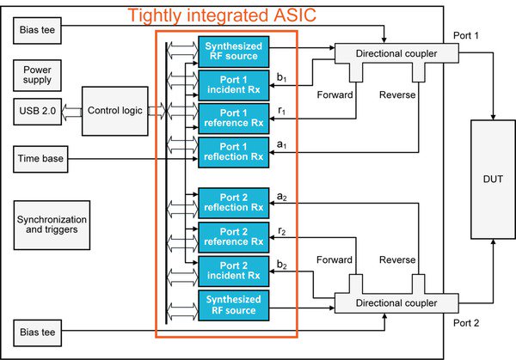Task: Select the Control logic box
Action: (115, 110)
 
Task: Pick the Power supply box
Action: (37, 75)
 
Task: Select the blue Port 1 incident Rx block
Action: (234, 83)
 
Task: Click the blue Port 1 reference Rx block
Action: (234, 117)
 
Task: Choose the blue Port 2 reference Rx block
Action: (234, 236)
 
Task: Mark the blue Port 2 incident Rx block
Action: (234, 270)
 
